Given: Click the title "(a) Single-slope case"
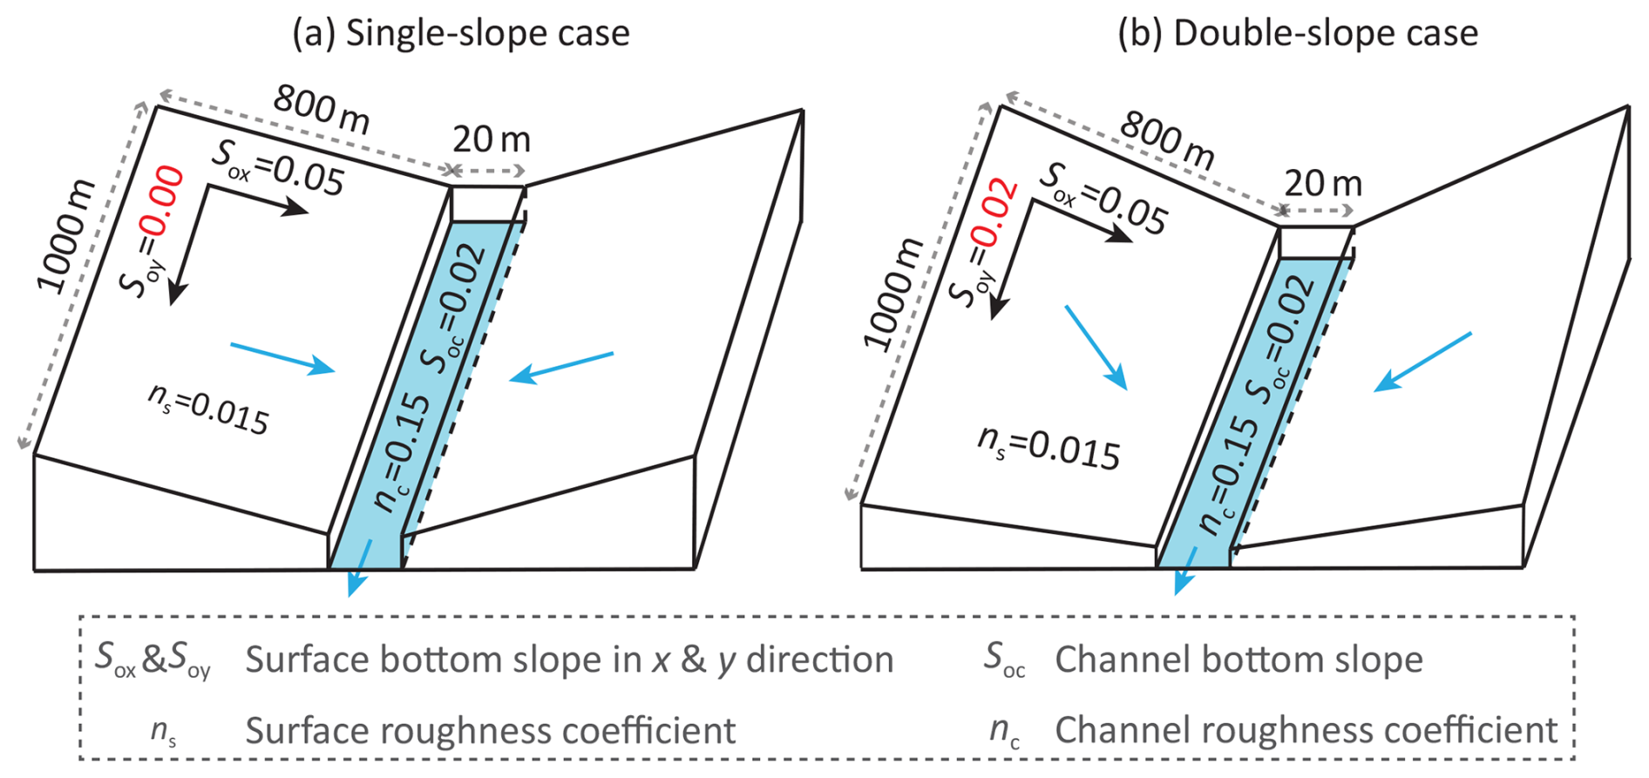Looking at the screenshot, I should click(x=461, y=34).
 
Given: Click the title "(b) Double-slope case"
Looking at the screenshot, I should click(x=1298, y=34).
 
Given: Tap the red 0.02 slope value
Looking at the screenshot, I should click(x=994, y=213).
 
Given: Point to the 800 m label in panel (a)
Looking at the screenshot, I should click(x=322, y=110).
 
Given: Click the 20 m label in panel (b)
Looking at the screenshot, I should click(x=1322, y=184).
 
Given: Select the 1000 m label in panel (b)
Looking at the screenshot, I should click(x=893, y=294).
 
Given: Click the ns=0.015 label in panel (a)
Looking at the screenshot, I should click(x=208, y=409).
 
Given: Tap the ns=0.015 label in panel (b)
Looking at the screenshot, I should click(x=1048, y=449).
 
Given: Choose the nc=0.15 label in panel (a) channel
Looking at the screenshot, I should click(x=402, y=452).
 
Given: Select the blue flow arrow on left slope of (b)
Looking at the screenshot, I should click(x=1096, y=347).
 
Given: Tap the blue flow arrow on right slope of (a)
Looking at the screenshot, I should click(x=561, y=367).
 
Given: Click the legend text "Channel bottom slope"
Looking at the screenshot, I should click(x=1238, y=660).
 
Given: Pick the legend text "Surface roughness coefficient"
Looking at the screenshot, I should click(x=490, y=731).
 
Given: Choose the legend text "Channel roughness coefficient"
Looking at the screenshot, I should click(x=1306, y=731).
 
